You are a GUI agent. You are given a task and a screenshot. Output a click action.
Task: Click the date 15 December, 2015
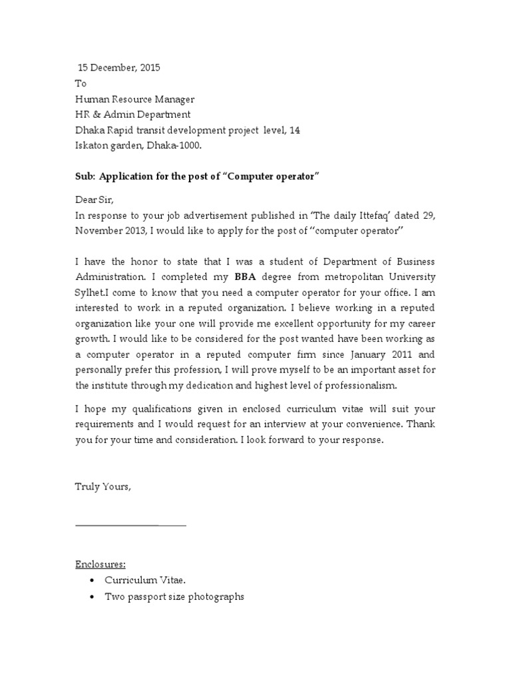119,68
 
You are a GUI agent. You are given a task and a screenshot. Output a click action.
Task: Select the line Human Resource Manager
134,99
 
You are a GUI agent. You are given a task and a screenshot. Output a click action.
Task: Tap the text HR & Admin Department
132,115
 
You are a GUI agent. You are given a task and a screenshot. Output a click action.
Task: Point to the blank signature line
130,525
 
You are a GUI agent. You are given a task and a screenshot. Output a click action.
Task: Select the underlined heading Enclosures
100,565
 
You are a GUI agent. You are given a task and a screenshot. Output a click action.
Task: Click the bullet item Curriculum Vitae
140,581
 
